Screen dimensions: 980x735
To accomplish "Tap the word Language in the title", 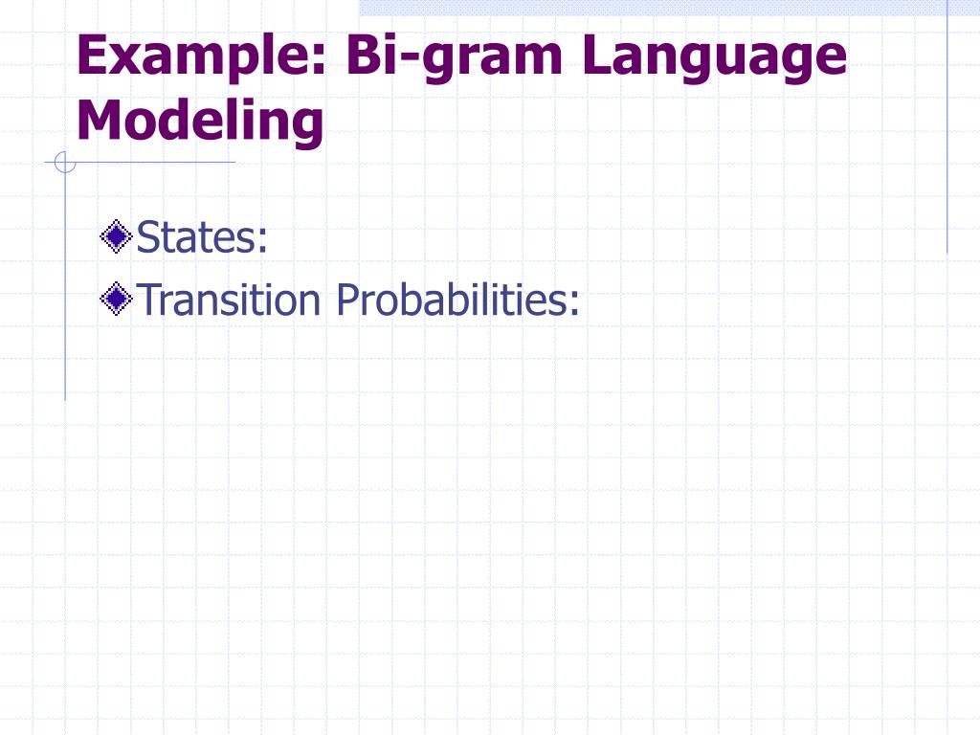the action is tap(714, 56).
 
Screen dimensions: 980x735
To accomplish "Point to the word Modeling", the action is tap(200, 122).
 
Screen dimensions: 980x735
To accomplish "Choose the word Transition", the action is tap(228, 300).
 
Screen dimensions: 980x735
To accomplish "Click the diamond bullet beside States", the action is tap(116, 237).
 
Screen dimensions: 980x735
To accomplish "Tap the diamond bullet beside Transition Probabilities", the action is tap(116, 299).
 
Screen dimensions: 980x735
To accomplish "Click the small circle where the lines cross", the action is tap(65, 163).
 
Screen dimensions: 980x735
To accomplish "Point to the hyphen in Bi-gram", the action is tap(409, 59).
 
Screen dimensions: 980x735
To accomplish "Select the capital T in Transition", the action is tap(147, 300).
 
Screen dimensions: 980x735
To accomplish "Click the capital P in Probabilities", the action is tap(347, 300).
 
